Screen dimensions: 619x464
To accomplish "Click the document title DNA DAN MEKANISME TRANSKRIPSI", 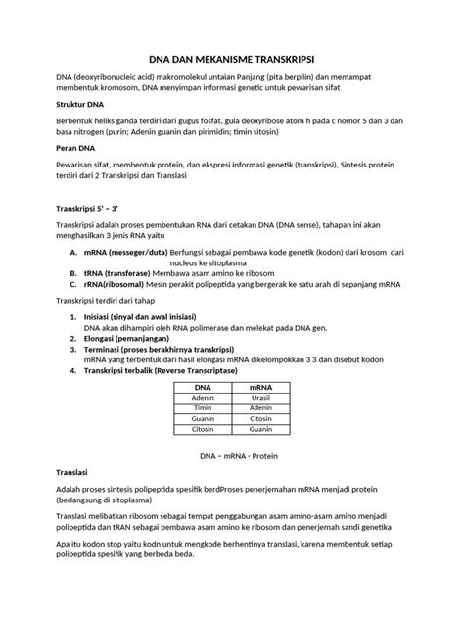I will (x=231, y=58).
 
